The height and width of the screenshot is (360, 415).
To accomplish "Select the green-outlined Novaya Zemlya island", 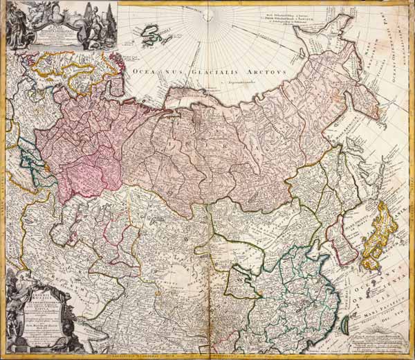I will pyautogui.click(x=154, y=34).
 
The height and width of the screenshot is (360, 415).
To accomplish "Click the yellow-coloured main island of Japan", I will pyautogui.click(x=379, y=229).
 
